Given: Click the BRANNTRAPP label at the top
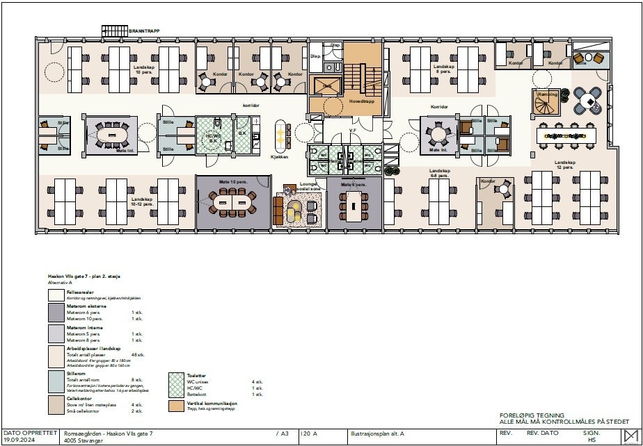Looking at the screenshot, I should tap(143, 31).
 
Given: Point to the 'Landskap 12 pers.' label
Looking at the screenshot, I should tap(564, 165).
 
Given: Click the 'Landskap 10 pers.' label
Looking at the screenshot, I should tap(144, 69).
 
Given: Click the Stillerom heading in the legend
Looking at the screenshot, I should tap(77, 372).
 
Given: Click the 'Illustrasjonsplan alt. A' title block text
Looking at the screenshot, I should tap(376, 433).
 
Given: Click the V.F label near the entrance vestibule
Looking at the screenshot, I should tap(353, 129).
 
